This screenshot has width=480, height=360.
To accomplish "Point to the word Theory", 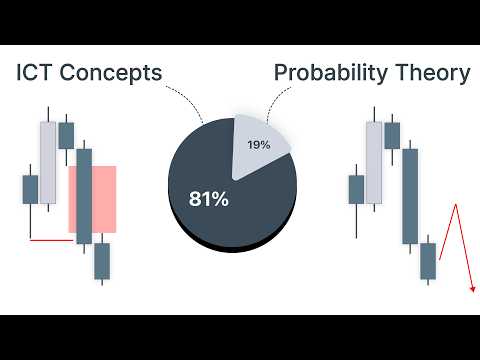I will (432, 74).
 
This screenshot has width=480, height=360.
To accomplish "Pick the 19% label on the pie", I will (259, 146).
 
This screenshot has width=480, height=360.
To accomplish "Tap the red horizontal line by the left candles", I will (52, 240).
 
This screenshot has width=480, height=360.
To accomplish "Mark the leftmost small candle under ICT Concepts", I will (30, 190).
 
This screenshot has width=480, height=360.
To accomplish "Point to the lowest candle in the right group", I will (428, 261).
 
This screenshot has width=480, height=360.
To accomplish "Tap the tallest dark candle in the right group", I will (409, 196).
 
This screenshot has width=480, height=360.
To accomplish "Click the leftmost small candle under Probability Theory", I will (356, 190).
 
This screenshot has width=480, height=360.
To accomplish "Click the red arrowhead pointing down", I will (471, 290).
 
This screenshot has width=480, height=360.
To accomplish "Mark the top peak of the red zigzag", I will (455, 204).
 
